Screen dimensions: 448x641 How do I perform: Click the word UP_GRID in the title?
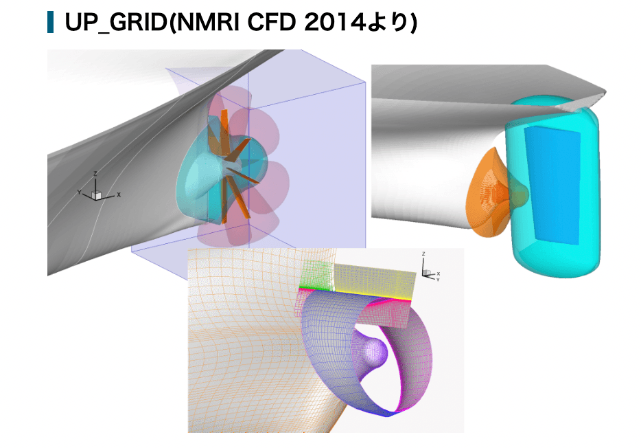[114, 23]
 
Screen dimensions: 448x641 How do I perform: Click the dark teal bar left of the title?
[50, 23]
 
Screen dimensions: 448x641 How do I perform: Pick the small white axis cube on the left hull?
[97, 195]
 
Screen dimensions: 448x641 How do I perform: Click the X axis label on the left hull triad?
[119, 195]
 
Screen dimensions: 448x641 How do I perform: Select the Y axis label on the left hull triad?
[80, 191]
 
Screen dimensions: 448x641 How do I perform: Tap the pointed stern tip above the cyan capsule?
[603, 91]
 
